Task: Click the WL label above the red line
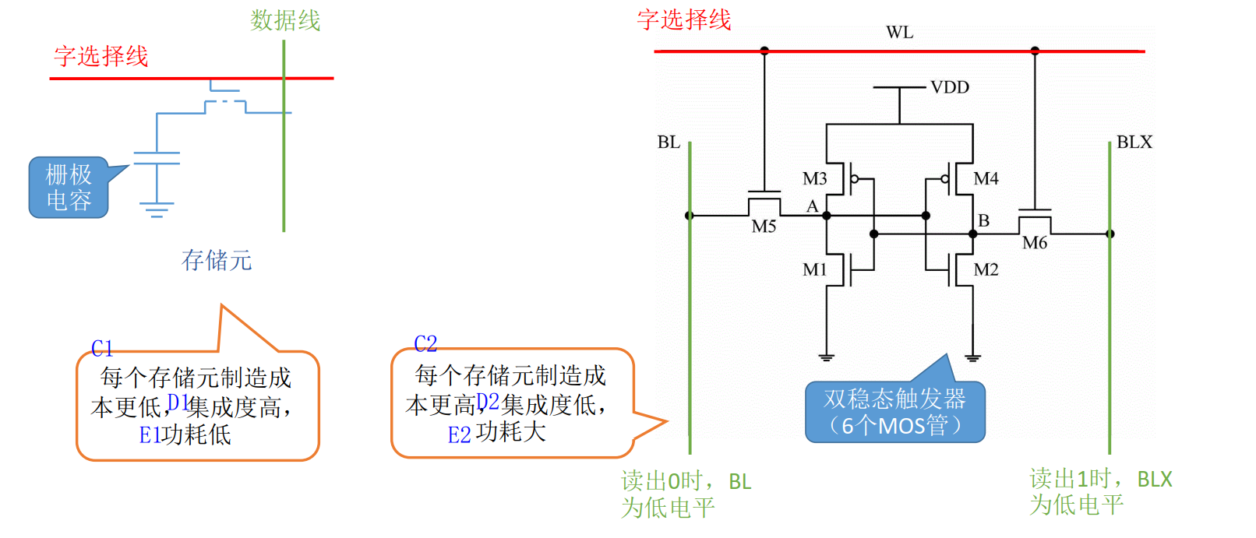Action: pos(899,33)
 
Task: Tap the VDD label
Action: pos(950,87)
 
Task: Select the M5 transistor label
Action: pos(764,227)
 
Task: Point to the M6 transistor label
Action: pos(1035,243)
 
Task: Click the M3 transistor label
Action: pos(815,179)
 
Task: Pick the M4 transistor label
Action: pos(986,179)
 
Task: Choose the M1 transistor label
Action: pos(815,269)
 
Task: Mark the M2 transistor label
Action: pos(986,269)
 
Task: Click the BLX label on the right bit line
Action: pos(1134,142)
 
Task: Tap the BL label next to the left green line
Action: pos(669,142)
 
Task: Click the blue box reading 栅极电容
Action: pos(69,188)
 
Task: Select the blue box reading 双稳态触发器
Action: pos(894,412)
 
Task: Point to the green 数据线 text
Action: pos(285,20)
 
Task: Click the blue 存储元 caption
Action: pos(217,260)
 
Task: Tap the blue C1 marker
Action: pos(102,348)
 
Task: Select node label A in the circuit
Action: pos(812,206)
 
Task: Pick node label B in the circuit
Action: pos(984,221)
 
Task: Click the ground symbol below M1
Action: pos(826,357)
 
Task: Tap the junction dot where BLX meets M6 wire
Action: pos(1110,234)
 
